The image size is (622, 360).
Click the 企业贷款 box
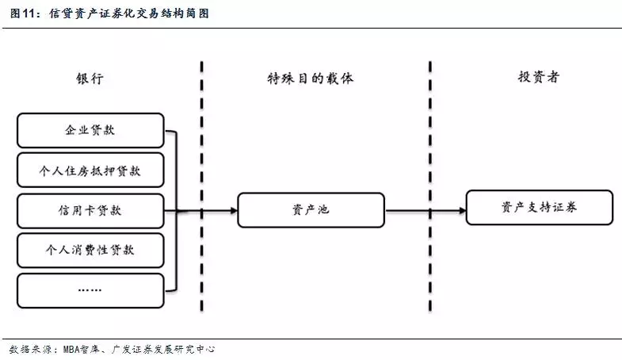[x=90, y=130]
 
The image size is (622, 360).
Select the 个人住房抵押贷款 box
[x=90, y=170]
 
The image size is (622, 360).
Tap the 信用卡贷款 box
[x=90, y=210]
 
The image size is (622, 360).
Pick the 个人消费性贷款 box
[x=90, y=250]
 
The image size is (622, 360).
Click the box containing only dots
[x=90, y=290]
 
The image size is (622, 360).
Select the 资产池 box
[x=311, y=210]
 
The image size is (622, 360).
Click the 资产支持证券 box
[x=539, y=207]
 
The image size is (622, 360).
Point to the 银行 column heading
[x=90, y=78]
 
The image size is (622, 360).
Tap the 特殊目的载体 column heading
[x=310, y=78]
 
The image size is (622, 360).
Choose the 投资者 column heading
[x=539, y=78]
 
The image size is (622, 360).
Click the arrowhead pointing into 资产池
[x=233, y=210]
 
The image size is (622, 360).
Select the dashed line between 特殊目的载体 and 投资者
[x=430, y=190]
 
